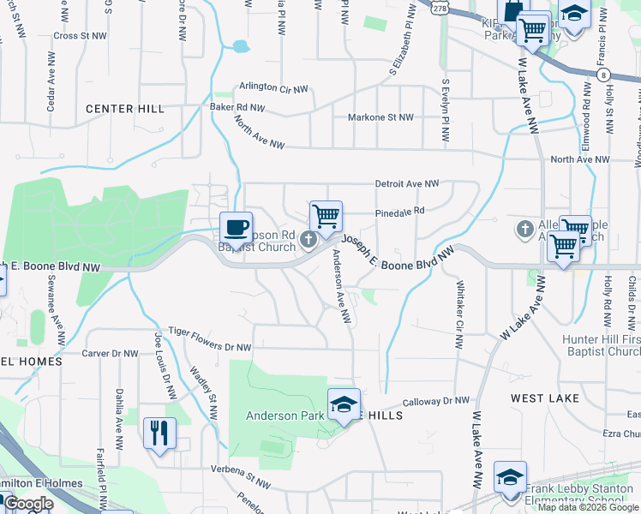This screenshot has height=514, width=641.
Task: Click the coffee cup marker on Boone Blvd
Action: click(237, 228)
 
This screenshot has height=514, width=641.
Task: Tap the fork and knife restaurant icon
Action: click(159, 433)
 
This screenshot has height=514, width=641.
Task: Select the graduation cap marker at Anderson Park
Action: click(344, 404)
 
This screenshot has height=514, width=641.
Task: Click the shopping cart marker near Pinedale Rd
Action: click(326, 217)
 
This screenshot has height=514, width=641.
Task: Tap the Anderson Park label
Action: click(284, 416)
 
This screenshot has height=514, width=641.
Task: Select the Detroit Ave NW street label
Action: click(407, 184)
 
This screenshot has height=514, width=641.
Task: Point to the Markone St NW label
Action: click(380, 117)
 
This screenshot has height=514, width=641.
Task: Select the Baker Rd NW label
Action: click(237, 108)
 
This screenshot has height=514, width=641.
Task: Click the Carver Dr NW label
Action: click(110, 353)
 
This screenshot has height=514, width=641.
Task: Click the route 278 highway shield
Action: click(440, 7)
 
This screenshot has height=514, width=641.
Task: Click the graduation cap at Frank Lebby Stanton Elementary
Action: click(510, 476)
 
